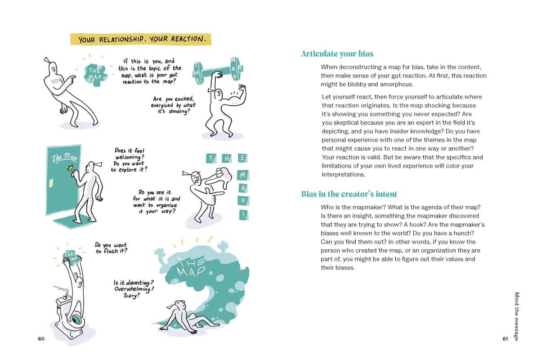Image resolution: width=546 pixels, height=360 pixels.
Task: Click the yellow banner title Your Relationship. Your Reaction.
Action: (x=141, y=39)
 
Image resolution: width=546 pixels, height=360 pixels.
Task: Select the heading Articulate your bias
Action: (x=337, y=54)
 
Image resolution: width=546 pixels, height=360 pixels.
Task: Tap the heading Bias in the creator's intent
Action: (x=349, y=194)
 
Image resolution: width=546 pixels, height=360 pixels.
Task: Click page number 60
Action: (x=41, y=339)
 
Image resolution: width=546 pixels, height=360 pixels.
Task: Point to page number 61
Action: (x=505, y=339)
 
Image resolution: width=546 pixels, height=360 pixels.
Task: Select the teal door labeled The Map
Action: (x=63, y=180)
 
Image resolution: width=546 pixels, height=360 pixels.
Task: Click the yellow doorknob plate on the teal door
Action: (x=51, y=182)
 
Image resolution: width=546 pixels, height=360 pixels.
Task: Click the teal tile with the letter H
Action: (x=226, y=158)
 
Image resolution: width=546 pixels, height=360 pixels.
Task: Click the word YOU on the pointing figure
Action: (x=56, y=81)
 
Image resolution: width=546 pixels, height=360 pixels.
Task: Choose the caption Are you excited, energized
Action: (x=174, y=105)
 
